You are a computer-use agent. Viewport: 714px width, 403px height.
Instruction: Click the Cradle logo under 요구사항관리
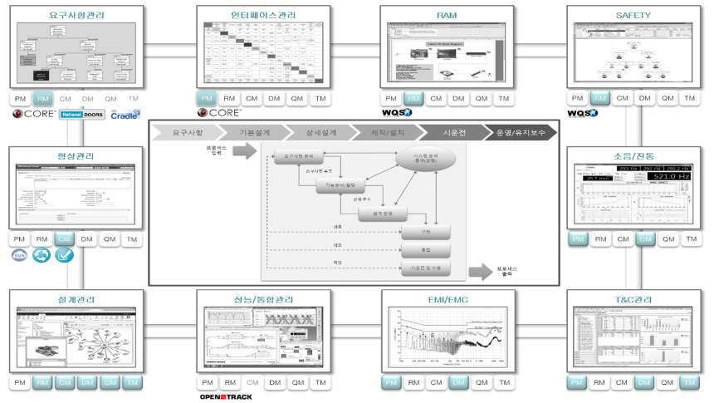tap(125, 114)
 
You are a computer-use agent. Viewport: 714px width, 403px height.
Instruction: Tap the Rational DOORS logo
tap(82, 114)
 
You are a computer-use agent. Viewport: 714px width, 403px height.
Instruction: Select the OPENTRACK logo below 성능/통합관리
tap(225, 396)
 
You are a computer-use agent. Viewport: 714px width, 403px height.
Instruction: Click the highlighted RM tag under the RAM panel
tap(413, 99)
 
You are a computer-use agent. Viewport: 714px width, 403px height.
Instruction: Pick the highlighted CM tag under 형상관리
tap(65, 239)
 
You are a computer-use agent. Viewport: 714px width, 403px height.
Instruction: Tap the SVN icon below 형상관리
tap(20, 255)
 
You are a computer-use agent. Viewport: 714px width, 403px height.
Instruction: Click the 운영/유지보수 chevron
tap(520, 132)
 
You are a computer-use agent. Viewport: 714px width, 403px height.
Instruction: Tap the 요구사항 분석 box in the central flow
tap(297, 155)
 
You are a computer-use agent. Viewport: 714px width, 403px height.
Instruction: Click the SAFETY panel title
tap(633, 15)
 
